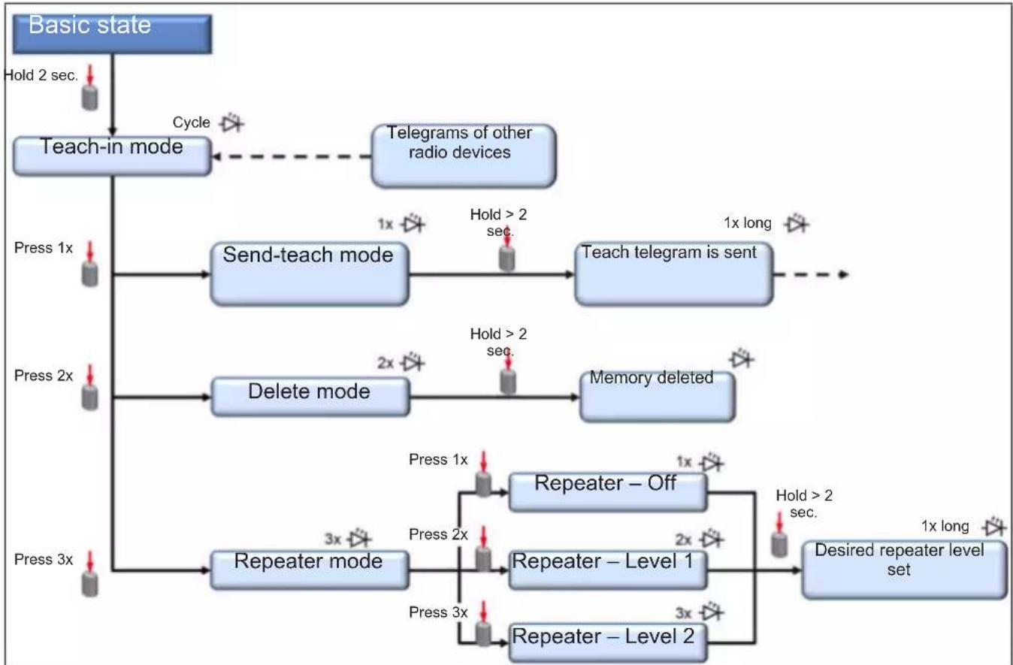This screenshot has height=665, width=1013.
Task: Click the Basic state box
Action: pos(112,35)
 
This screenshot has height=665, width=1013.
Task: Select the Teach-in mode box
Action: pos(112,156)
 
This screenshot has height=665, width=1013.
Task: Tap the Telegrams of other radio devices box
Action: pos(464,156)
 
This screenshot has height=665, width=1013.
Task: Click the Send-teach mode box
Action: pos(310,274)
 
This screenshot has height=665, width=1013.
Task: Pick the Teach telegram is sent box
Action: pos(674,274)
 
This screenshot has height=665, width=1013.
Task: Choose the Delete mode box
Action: pos(310,397)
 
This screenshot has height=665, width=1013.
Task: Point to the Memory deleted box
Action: pos(658,397)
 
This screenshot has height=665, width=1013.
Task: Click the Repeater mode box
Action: pos(310,570)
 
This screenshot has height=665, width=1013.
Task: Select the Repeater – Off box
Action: pos(608,492)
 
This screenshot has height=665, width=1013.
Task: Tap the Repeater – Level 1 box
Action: pos(608,570)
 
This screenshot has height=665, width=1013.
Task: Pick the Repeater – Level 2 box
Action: pos(608,643)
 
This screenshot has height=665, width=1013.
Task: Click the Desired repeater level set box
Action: pos(905,570)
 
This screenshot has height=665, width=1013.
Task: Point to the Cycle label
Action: pos(192,122)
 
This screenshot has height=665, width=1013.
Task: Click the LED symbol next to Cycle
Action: pos(232,122)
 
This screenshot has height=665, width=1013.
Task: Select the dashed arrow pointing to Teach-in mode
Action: pos(292,157)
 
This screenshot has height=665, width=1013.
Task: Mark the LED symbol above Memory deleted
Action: pos(742,358)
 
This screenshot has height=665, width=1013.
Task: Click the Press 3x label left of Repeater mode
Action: pos(44,560)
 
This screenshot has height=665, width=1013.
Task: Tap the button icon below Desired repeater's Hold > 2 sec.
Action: pos(779,535)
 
